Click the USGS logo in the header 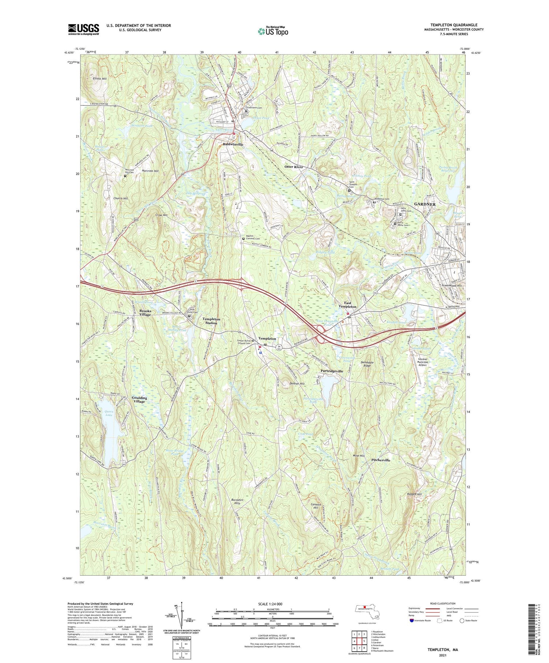(x=83, y=29)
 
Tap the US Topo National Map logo (x=273, y=31)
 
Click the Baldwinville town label (x=233, y=144)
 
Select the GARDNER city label (x=425, y=204)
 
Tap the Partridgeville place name (x=332, y=371)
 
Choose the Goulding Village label (x=139, y=399)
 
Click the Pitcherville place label (x=381, y=460)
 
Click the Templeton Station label (x=211, y=321)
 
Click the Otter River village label (x=294, y=167)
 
